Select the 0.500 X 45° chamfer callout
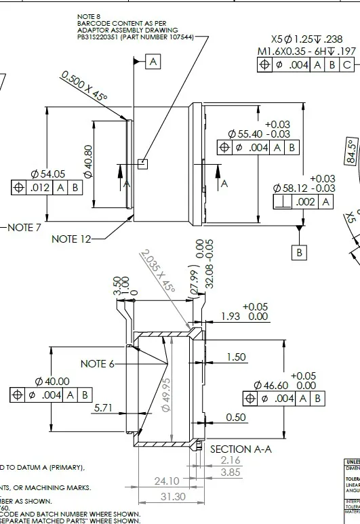point(84,87)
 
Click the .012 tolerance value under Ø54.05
point(40,188)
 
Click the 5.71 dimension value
point(102,408)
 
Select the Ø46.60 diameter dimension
point(271,385)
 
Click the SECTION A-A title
point(240,449)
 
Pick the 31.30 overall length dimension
point(174,496)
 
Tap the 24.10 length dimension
point(166,481)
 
